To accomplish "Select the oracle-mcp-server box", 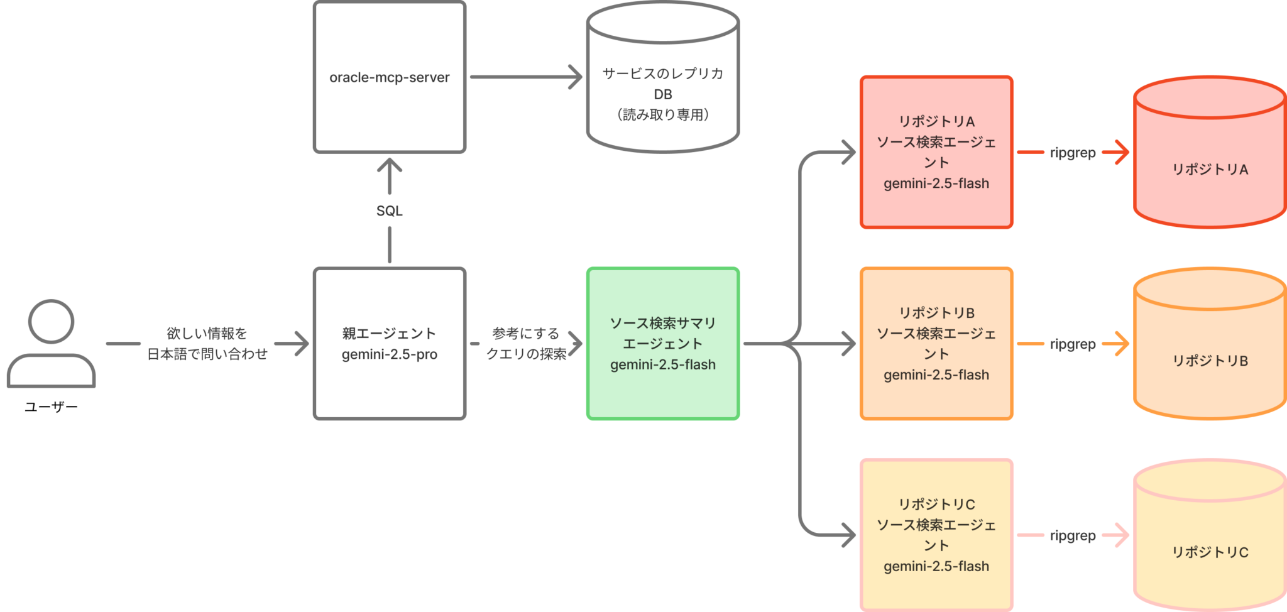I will tap(390, 77).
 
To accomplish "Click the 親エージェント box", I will tap(390, 344).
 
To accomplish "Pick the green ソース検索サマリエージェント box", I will tap(662, 344).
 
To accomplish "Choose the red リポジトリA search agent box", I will tap(936, 152).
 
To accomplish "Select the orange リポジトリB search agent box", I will tap(936, 344).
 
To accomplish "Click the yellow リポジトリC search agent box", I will tap(936, 535).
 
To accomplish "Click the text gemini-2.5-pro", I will tap(390, 354).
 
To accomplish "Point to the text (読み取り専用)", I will tap(662, 114).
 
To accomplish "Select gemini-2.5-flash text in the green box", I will tap(662, 364).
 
